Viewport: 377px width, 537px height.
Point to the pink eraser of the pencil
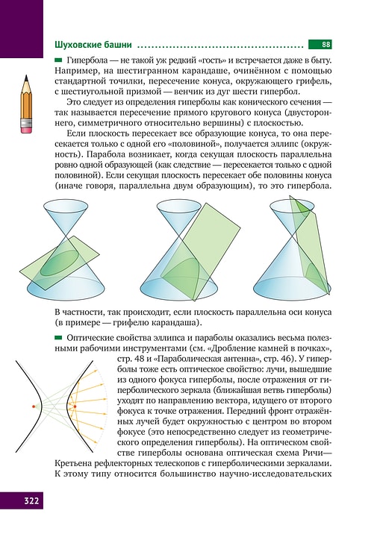(27, 128)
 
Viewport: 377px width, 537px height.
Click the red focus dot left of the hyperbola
(34, 406)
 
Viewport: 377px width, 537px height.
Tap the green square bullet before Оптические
(59, 339)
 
